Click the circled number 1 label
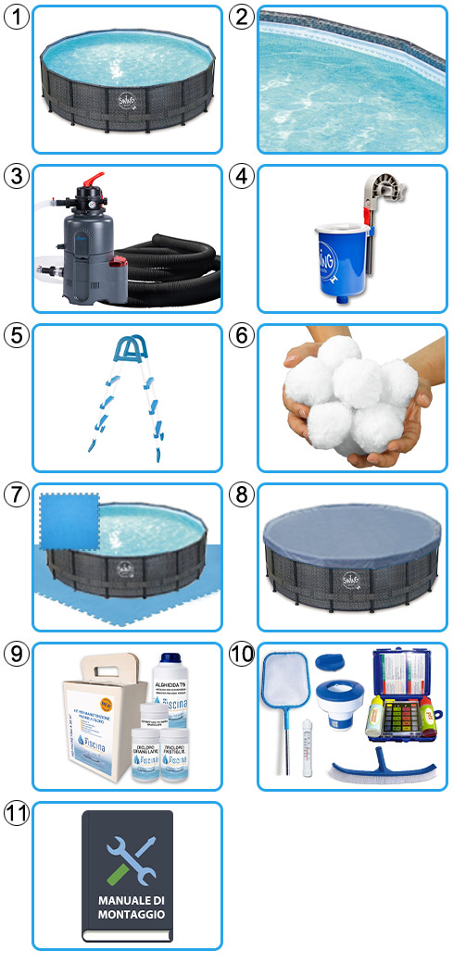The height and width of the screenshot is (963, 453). pyautogui.click(x=16, y=16)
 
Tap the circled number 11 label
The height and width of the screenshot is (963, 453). pyautogui.click(x=16, y=814)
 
